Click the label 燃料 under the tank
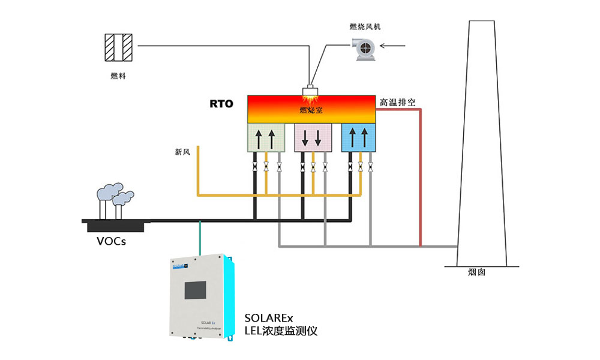(118, 76)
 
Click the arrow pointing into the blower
(396, 45)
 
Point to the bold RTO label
(221, 104)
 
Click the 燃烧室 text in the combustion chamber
(311, 110)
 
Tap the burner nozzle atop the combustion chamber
(311, 91)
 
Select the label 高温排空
(397, 103)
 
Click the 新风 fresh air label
(182, 152)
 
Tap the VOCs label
(112, 242)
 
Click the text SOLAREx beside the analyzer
(268, 317)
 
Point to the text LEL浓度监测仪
(281, 331)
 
